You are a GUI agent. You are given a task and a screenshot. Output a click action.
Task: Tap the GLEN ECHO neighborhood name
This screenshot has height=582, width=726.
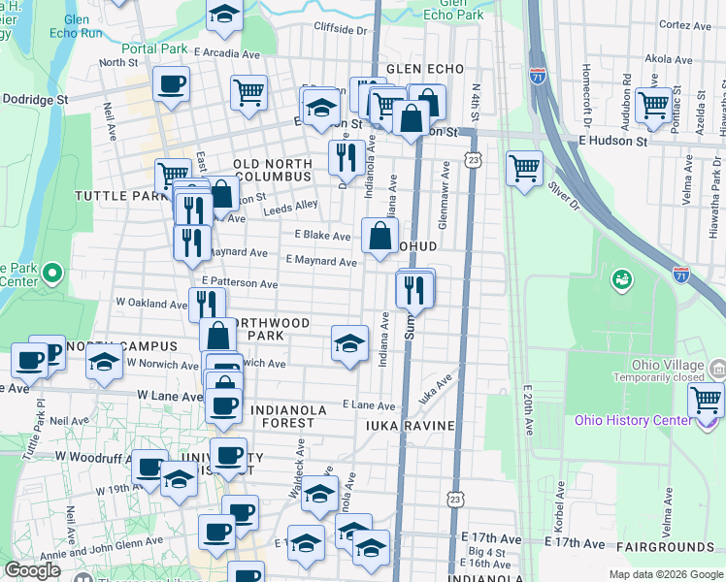419,70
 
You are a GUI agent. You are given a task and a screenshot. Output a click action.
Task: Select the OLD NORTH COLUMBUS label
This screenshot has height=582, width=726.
272,171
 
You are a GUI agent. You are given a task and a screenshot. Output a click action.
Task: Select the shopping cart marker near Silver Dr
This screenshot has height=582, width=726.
524,167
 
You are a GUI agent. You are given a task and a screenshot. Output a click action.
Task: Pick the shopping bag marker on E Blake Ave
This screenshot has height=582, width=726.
379,235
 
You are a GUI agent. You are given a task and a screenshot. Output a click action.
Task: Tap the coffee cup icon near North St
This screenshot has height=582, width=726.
171,84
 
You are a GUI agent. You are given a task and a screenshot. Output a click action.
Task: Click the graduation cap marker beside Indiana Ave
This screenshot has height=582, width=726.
349,343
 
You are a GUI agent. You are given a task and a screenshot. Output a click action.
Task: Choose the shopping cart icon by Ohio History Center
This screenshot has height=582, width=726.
706,399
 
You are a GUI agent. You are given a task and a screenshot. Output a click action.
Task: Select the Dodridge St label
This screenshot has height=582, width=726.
35,99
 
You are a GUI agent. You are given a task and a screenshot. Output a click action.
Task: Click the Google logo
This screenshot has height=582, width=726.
32,569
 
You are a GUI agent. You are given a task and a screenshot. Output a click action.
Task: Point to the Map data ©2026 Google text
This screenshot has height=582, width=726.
665,574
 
